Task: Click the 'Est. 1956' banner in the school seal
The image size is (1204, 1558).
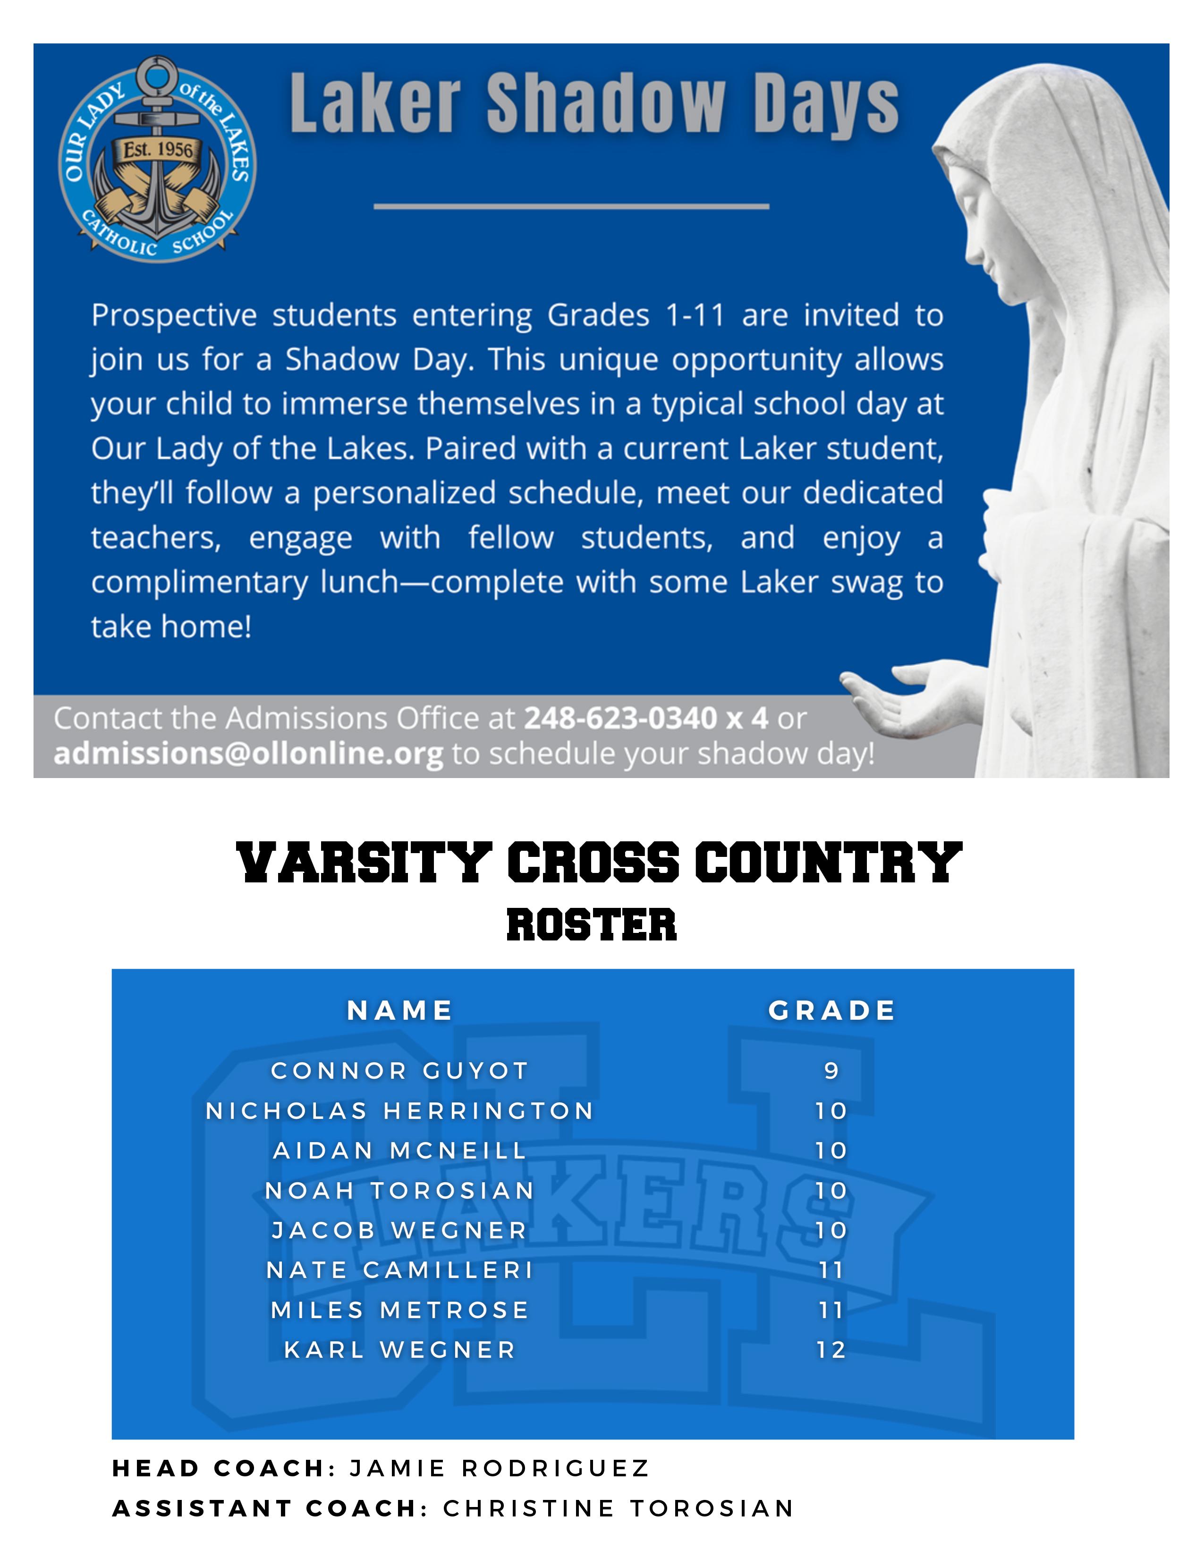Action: coord(158,150)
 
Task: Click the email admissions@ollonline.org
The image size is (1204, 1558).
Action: coord(248,754)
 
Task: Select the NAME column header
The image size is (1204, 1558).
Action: coord(399,1010)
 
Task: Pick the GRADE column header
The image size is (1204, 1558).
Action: coord(831,1010)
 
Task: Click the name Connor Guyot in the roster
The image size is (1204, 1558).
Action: coord(399,1071)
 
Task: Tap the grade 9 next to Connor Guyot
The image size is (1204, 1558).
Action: coord(831,1071)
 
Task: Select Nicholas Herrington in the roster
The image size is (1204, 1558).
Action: coord(399,1111)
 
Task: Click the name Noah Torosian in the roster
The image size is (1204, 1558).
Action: coord(399,1191)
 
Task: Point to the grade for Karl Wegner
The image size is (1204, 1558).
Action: coord(831,1350)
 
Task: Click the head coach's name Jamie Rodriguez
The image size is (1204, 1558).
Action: coord(499,1468)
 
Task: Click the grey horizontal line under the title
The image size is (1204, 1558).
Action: coord(571,207)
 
